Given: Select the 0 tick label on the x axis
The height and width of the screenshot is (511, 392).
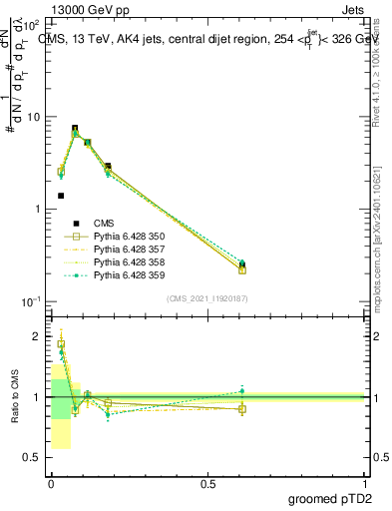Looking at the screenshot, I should click(x=50, y=482).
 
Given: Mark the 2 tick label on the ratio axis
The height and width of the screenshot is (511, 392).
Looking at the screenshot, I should click(x=38, y=336).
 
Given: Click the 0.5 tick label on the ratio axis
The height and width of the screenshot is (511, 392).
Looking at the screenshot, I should click(x=33, y=457).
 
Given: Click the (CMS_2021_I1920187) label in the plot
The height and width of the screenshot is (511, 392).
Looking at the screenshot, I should click(x=207, y=298).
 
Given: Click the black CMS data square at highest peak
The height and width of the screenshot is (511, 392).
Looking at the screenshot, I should click(x=75, y=129).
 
